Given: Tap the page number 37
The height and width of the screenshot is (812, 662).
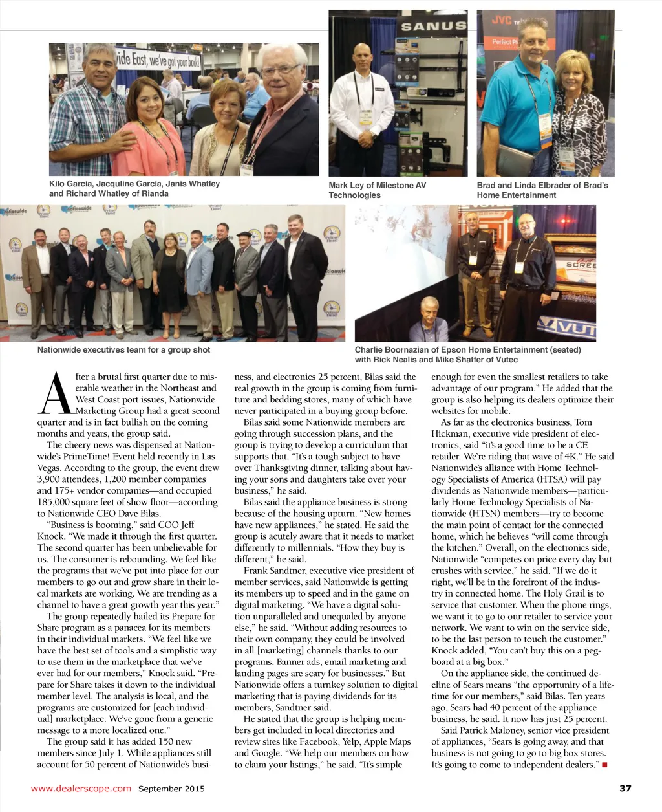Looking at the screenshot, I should coord(625,788).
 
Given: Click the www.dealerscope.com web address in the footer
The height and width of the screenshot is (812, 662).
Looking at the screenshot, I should coord(81,788).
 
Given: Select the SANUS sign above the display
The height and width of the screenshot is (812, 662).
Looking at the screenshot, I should coord(433,27).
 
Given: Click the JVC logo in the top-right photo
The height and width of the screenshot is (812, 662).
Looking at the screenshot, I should coord(502,19).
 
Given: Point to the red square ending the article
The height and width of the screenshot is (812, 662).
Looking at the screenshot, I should coord(604,765).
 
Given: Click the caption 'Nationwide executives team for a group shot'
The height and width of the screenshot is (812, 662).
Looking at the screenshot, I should coord(123,350).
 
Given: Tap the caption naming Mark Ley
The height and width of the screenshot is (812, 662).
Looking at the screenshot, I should coord(377,190).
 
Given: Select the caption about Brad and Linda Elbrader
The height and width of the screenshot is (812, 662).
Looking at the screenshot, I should coord(542,190).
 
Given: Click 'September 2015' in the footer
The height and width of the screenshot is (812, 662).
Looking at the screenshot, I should coord(171,788).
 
